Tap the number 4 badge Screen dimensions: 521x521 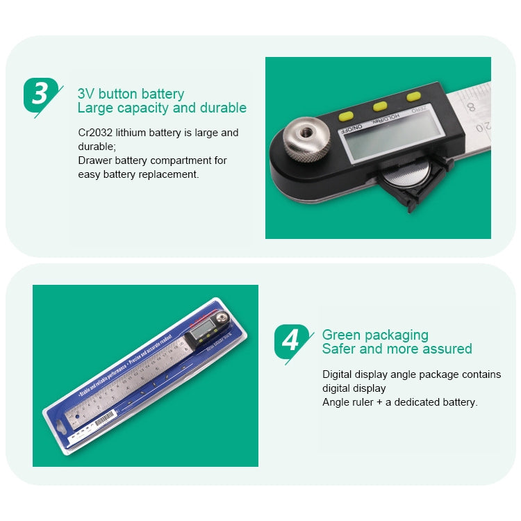(291, 340)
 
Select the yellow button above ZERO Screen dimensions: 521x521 (414, 97)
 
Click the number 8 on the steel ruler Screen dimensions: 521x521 (471, 107)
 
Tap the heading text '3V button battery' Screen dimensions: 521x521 (131, 94)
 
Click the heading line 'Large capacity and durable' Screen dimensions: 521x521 (161, 108)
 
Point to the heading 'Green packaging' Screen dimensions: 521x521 (375, 335)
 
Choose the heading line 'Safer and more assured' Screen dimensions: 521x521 (397, 349)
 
